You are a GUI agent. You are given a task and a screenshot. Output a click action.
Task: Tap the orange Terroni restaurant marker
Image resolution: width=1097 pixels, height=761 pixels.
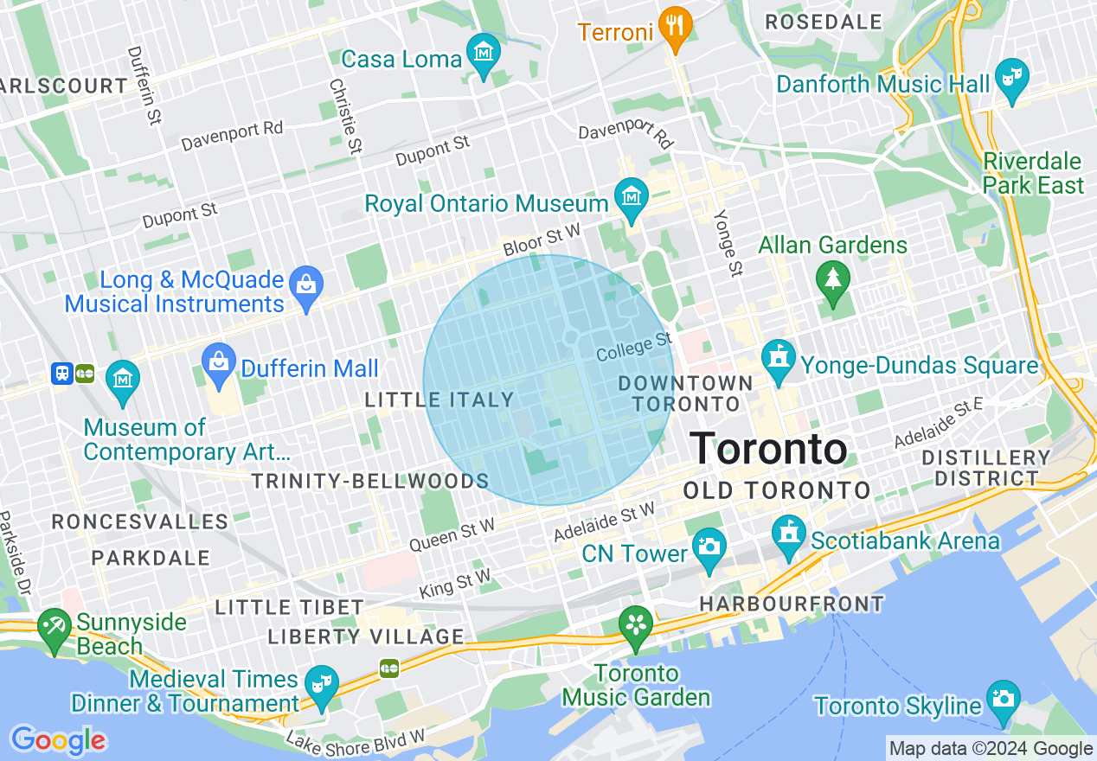[x=675, y=28]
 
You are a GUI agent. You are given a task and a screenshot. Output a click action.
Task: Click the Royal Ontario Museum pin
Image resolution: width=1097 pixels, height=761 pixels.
[x=631, y=198]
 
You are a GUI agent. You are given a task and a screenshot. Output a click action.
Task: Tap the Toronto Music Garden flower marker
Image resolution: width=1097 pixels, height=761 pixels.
[x=636, y=624]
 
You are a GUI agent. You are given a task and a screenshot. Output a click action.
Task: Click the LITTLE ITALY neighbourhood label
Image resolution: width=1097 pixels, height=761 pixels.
[x=439, y=400]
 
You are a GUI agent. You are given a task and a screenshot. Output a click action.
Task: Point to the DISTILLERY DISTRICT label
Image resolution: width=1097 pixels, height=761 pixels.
[x=986, y=468]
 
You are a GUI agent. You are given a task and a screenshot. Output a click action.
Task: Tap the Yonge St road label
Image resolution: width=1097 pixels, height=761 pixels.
[x=728, y=243]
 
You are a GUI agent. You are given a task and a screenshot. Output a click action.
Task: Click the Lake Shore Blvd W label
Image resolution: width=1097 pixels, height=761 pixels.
[x=356, y=740]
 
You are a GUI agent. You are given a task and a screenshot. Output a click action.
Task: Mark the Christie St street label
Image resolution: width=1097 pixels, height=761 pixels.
[x=344, y=117]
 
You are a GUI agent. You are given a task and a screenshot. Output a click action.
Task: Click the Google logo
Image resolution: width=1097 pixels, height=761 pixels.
[x=58, y=740]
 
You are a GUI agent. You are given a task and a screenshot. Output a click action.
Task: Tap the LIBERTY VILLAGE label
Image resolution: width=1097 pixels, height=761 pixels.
[x=366, y=637]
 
